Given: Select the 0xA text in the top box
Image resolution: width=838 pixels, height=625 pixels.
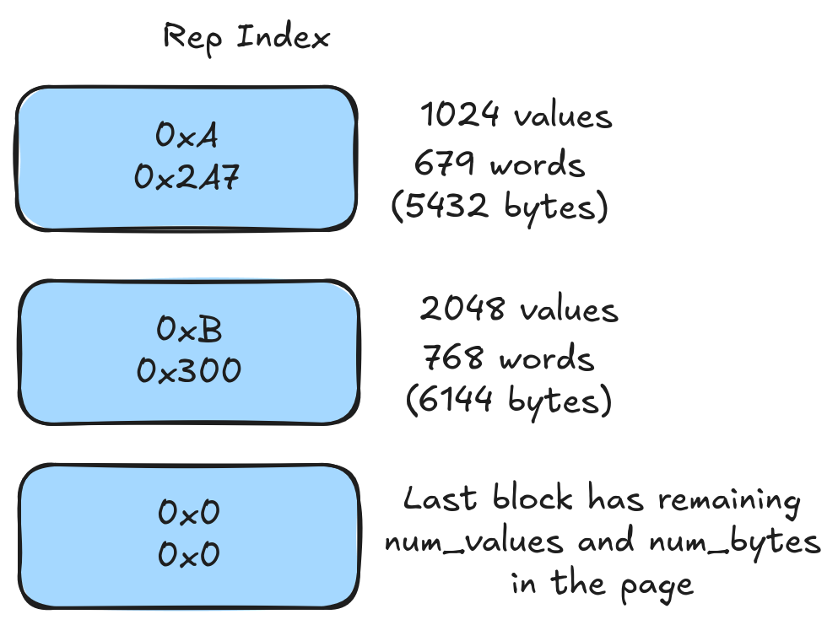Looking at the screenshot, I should [x=187, y=134].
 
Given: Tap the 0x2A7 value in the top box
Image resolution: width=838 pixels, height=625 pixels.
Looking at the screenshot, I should [x=187, y=177].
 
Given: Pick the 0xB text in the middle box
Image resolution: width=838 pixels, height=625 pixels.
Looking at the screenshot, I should [x=189, y=329].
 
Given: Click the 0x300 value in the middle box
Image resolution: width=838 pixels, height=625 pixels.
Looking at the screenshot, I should [x=189, y=369].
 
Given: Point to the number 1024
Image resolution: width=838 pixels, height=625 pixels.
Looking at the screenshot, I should [x=460, y=115].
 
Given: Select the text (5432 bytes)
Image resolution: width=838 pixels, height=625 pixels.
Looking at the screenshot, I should [x=500, y=207].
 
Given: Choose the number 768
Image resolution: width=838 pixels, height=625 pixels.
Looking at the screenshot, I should [x=453, y=358].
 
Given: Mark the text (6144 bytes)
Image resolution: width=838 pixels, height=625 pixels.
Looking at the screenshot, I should [x=508, y=400].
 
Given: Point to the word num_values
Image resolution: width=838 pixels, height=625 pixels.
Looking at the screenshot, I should [x=473, y=542].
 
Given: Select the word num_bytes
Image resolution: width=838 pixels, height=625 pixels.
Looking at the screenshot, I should [x=733, y=542].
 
